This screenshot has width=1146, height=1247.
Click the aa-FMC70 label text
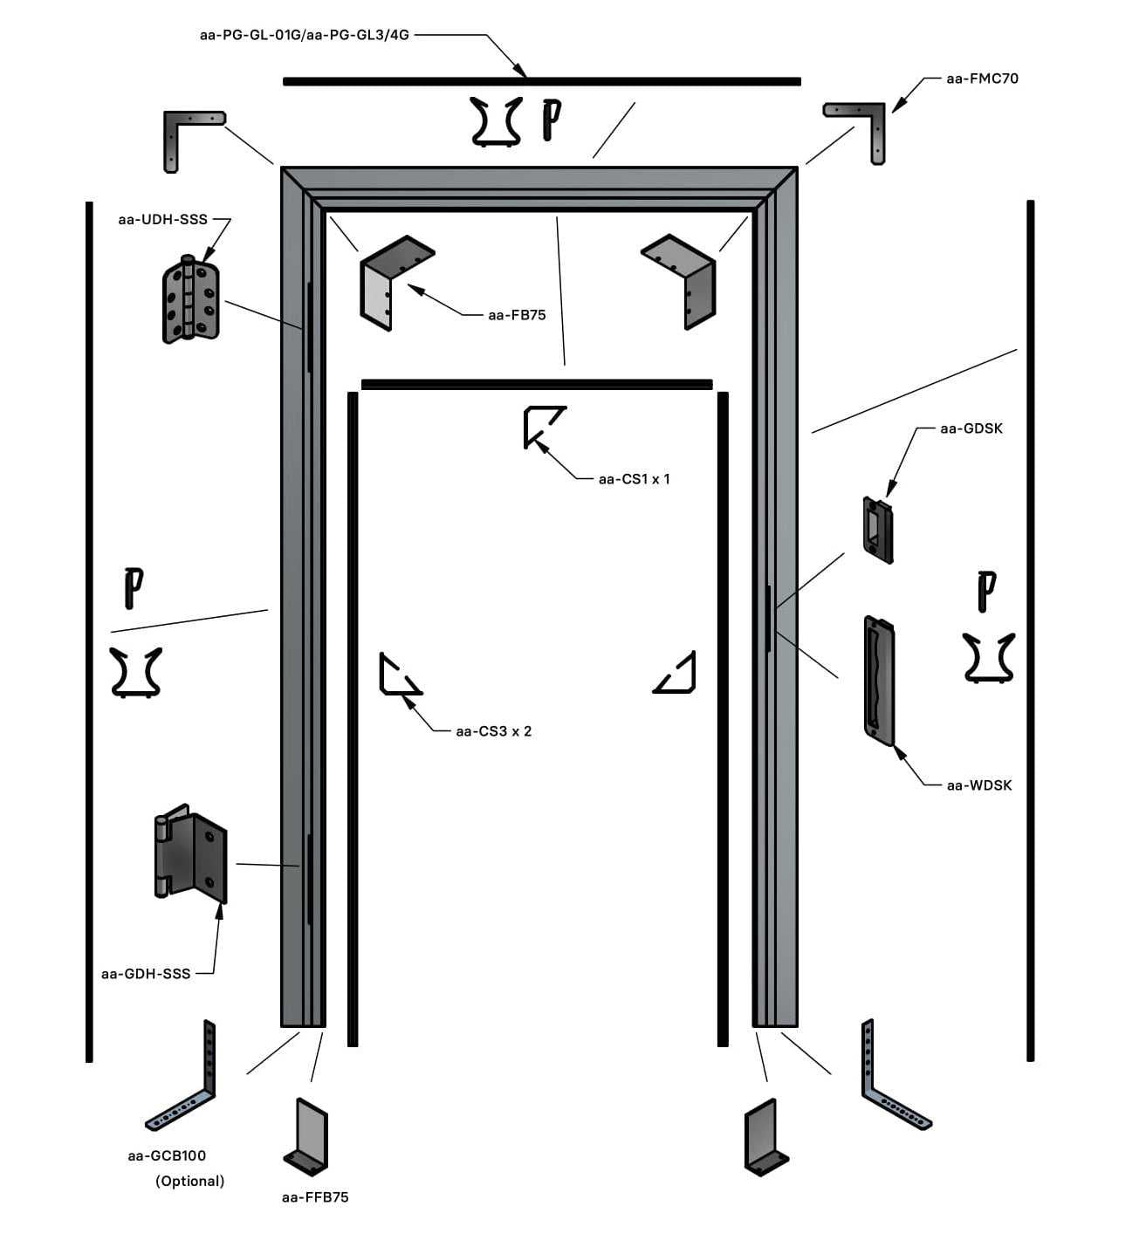click(x=982, y=79)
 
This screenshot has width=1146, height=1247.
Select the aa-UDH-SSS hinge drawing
click(x=190, y=299)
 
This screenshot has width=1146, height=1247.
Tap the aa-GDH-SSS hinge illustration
click(x=191, y=853)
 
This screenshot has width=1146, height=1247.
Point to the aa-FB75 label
click(x=517, y=315)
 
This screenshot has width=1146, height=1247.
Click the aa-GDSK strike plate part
click(x=877, y=530)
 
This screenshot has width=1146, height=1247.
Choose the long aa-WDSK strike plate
click(x=879, y=681)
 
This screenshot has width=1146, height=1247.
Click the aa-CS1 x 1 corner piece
click(x=542, y=426)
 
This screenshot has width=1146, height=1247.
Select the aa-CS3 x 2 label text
click(x=493, y=731)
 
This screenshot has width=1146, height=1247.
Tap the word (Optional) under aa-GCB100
click(x=189, y=1181)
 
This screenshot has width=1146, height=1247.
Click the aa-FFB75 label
click(x=314, y=1197)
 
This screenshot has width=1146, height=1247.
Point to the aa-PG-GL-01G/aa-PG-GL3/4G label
click(x=304, y=35)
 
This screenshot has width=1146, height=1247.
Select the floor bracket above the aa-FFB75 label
click(x=306, y=1137)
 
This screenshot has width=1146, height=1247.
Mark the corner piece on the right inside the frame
click(x=677, y=673)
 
